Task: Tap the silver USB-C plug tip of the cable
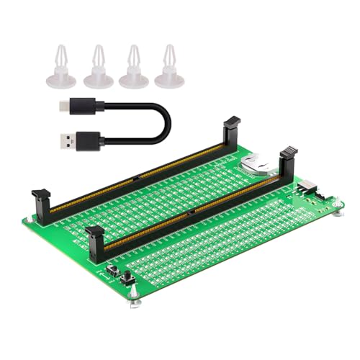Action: [x=63, y=106]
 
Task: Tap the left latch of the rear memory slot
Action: [x=40, y=201]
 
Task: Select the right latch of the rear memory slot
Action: [x=232, y=128]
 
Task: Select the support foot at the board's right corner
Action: [x=336, y=209]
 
